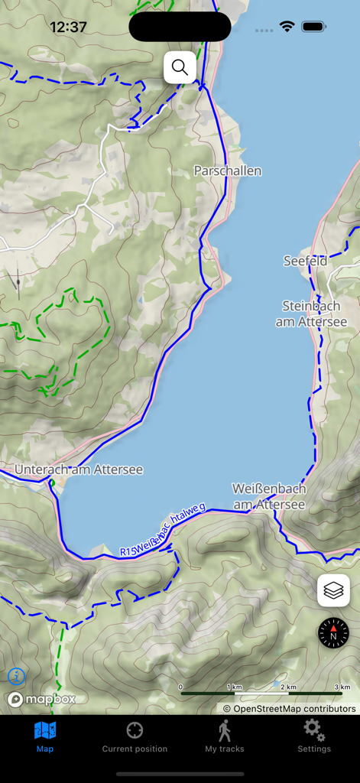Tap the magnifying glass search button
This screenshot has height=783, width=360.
point(180,68)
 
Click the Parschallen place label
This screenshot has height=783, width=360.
point(227,171)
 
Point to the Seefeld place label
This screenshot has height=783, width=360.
point(305,261)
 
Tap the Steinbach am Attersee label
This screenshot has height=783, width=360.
point(314,314)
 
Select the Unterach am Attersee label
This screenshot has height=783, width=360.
point(79,469)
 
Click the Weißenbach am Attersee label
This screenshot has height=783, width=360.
point(269,496)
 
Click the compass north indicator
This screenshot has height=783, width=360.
point(333,633)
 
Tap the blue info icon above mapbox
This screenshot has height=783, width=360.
point(16,676)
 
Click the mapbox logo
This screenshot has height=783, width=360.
point(41,699)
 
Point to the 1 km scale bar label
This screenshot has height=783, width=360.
point(235,687)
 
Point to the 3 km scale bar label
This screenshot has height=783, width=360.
point(342,687)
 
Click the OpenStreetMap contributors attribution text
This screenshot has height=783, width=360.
point(289,708)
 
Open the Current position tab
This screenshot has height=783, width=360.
point(135,737)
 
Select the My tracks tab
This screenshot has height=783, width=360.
point(225,737)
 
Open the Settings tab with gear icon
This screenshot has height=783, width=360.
point(314,737)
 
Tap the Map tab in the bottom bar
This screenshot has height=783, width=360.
point(45,737)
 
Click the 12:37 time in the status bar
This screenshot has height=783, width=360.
point(68,27)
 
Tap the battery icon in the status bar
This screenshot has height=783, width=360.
point(314,27)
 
